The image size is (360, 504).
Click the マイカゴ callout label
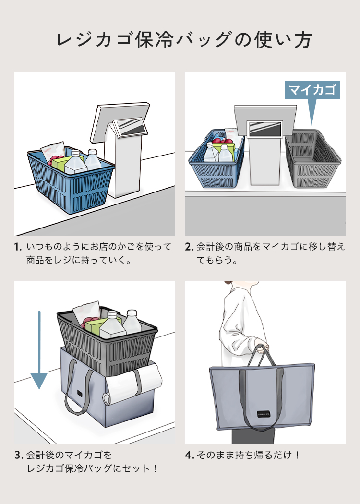[x=312, y=90]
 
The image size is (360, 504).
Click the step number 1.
[x=18, y=248]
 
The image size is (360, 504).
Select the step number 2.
[x=189, y=248]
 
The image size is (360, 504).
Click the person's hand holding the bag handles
[x=262, y=348]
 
